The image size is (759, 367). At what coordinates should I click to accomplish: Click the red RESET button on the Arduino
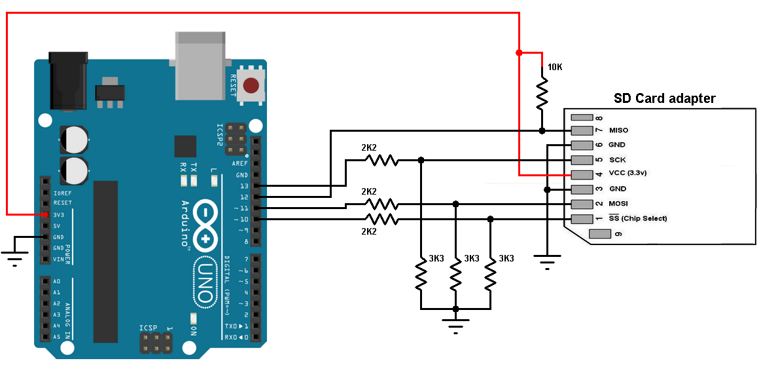(251, 85)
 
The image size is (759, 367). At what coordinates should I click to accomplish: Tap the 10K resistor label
(555, 68)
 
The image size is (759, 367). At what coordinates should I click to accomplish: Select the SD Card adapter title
(664, 99)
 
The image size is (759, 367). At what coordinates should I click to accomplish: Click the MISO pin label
(618, 130)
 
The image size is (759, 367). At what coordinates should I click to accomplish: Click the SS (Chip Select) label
(637, 218)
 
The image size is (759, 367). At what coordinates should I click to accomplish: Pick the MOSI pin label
(619, 204)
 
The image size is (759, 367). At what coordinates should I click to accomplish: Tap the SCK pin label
(617, 159)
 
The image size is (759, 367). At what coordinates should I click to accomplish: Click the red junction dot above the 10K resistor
(519, 52)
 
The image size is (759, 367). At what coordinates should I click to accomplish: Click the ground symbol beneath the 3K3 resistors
(456, 324)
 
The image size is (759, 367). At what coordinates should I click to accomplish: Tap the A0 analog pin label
(57, 280)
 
